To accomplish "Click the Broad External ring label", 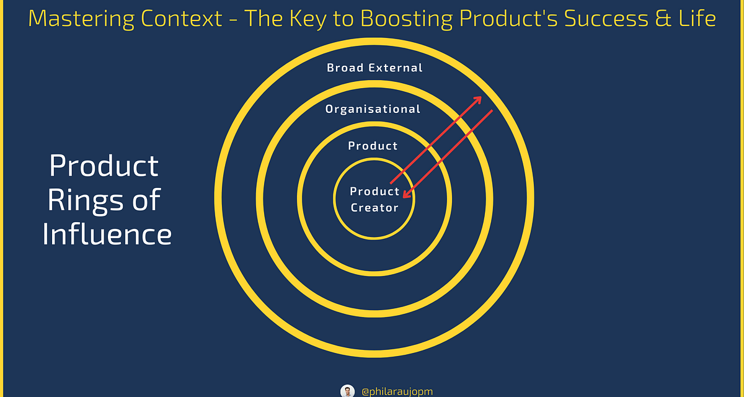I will click(374, 68).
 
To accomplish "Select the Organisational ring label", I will click(373, 109).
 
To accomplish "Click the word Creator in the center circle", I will click(374, 208).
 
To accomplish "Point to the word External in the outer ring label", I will click(396, 68).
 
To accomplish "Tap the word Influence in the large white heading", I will click(107, 234).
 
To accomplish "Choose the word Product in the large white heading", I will click(104, 166).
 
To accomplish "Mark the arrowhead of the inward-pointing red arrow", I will click(407, 194).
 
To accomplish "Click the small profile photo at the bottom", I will click(347, 391).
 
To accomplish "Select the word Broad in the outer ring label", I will click(345, 68).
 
